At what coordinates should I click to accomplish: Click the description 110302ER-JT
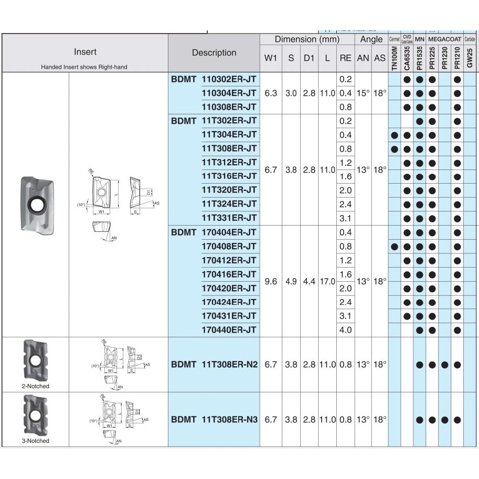point(229,79)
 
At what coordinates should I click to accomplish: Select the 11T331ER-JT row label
point(229,217)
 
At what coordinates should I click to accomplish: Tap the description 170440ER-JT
point(229,330)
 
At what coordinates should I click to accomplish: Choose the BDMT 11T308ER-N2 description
point(215,365)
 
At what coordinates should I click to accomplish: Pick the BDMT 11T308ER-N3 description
point(215,420)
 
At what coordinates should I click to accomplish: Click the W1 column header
point(270,58)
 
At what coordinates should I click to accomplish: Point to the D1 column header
point(308,58)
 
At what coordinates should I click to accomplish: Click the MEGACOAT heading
point(444,39)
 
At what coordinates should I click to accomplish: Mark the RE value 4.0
point(345,330)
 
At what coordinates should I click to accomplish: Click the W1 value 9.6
point(270,282)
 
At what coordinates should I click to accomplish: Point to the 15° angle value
point(363,93)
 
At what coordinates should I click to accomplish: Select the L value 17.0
point(327,282)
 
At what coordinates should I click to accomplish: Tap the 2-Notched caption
point(35,386)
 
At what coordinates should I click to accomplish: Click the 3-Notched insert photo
point(35,414)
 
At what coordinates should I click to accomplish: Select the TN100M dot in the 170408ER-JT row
point(395,246)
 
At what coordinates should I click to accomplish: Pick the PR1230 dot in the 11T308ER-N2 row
point(444,365)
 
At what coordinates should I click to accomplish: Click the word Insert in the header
point(85,52)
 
